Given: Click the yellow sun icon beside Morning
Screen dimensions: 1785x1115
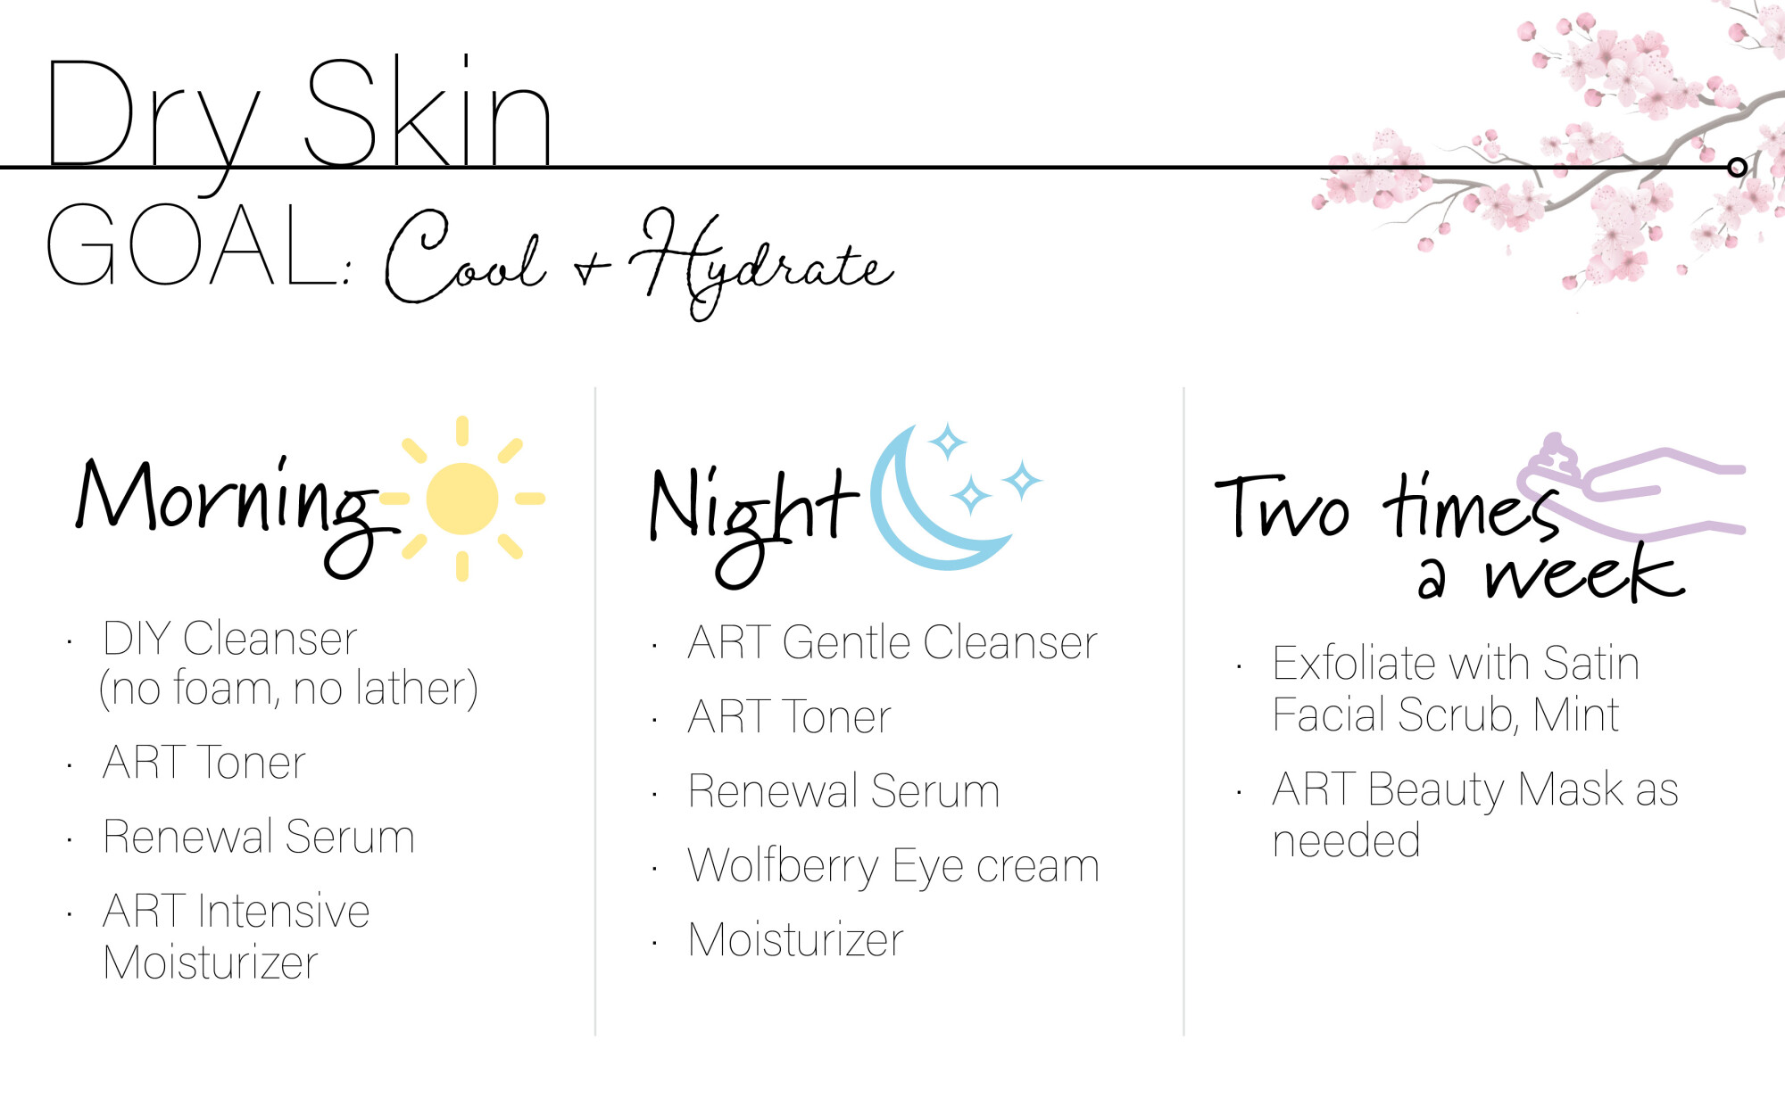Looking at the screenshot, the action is (x=462, y=499).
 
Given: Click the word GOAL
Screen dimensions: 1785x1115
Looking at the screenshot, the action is (x=193, y=244).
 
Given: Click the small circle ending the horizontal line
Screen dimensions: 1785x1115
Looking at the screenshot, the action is (x=1737, y=167).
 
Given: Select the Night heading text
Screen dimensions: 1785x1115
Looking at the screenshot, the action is (x=754, y=522).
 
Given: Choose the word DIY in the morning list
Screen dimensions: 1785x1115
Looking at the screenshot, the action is (x=137, y=639).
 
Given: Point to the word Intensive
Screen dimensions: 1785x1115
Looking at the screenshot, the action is (x=284, y=912).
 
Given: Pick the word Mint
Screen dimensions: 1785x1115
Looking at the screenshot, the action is (x=1576, y=714).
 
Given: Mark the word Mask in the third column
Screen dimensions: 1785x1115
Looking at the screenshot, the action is (x=1571, y=789).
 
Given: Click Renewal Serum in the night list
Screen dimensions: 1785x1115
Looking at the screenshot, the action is (x=844, y=791).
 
